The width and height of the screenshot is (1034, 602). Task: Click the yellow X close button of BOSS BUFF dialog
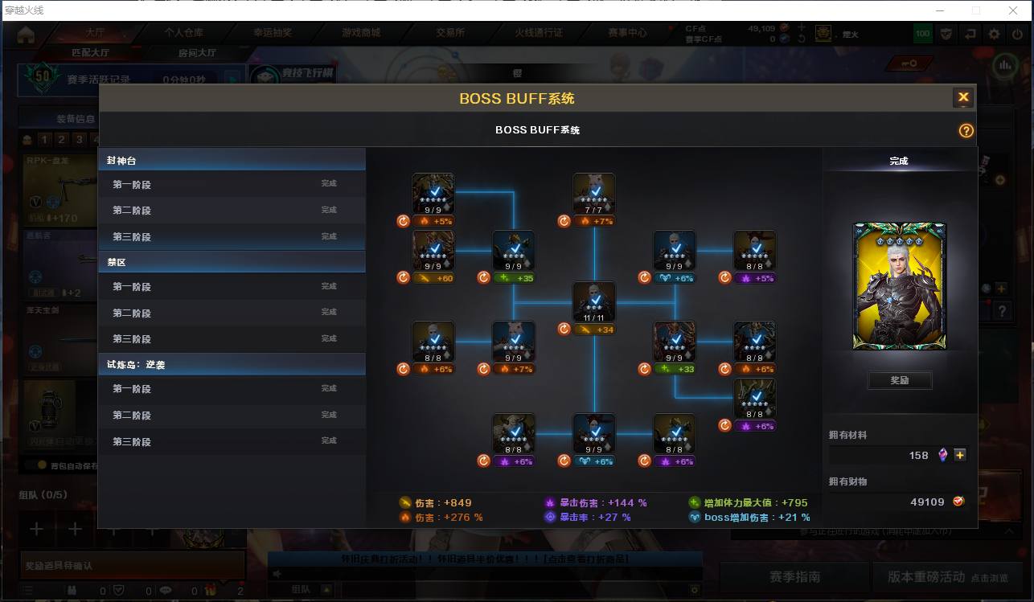tap(963, 97)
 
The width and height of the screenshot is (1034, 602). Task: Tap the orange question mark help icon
tap(966, 131)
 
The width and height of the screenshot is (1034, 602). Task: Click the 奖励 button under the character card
tap(900, 380)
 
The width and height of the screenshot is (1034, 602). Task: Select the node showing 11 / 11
tap(594, 302)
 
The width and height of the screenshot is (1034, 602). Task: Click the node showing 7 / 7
tap(594, 194)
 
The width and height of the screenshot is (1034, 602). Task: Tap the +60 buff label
tap(433, 278)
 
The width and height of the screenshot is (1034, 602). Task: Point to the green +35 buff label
tap(514, 278)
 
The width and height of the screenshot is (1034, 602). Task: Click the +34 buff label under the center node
tap(594, 330)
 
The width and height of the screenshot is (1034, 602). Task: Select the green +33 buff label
tap(675, 370)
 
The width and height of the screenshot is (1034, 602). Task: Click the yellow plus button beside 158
tap(959, 455)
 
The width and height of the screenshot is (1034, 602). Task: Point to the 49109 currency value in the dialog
tap(927, 502)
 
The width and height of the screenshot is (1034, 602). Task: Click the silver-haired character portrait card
tap(900, 286)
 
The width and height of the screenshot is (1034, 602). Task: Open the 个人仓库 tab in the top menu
tap(184, 33)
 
